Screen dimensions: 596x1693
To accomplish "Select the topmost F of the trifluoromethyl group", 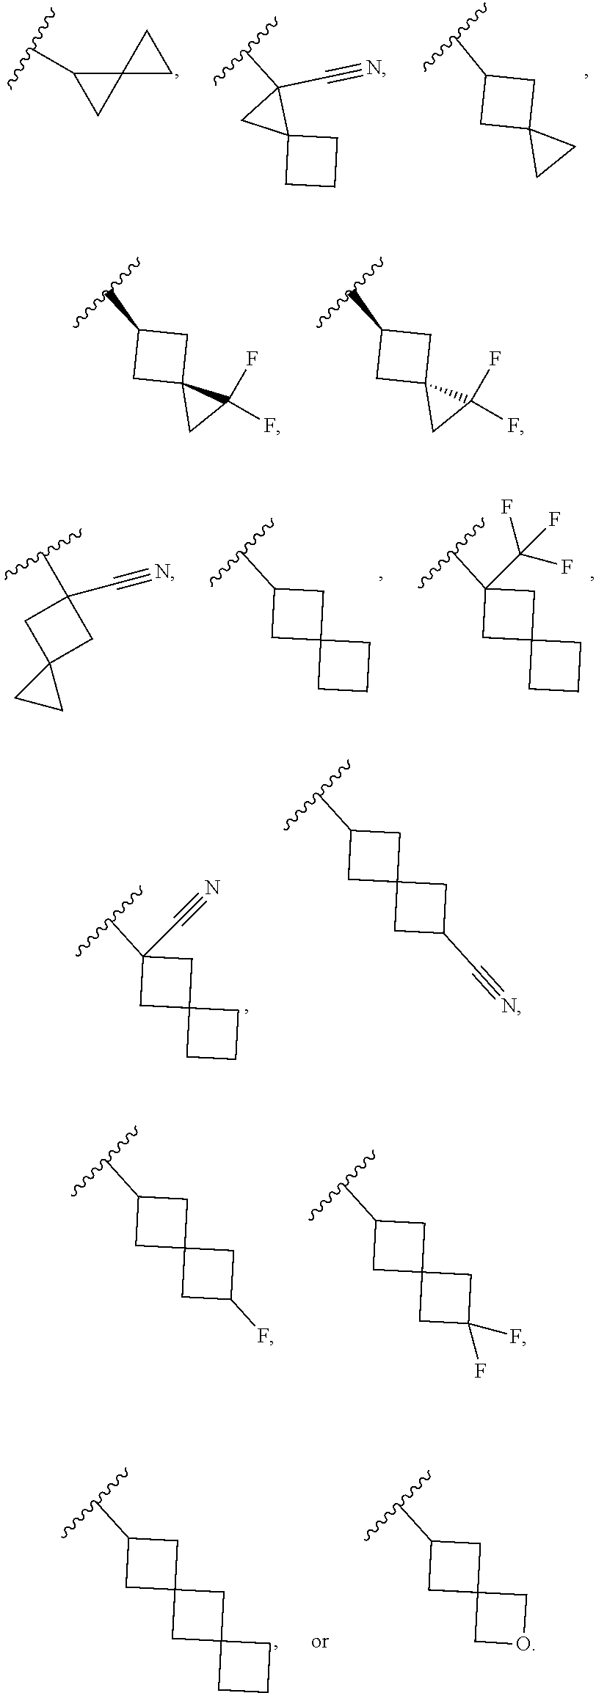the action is [x=506, y=506].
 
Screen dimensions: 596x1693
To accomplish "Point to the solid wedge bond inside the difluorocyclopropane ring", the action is [x=206, y=392].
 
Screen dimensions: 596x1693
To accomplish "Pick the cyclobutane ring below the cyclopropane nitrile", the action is [x=311, y=161].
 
